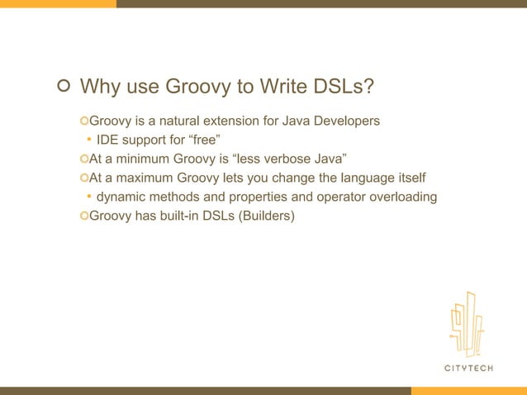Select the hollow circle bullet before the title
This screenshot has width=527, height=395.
tap(63, 86)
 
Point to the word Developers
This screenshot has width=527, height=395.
tap(344, 121)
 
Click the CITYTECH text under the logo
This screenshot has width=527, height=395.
tap(468, 368)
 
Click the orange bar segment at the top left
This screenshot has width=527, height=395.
tap(58, 3)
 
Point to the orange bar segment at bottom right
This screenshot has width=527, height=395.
tap(468, 391)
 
